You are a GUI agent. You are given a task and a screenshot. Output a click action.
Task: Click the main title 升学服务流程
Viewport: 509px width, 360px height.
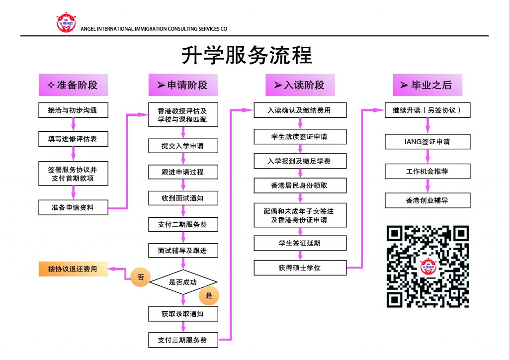[x=246, y=55]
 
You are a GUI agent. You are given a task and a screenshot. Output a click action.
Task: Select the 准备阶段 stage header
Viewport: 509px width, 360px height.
[x=73, y=85]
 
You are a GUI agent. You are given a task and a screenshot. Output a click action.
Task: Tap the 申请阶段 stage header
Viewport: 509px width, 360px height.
[x=183, y=85]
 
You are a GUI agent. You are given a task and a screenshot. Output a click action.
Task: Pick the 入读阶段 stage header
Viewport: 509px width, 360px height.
[x=300, y=85]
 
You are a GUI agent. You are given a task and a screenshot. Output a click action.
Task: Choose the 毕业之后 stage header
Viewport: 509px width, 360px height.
[x=427, y=85]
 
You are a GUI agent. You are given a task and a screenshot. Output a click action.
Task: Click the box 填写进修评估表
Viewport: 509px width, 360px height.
[x=73, y=139]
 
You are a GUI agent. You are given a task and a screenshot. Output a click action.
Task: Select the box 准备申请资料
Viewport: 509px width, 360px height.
[x=73, y=207]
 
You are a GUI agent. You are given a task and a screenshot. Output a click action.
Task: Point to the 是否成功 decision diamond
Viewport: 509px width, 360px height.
[x=183, y=282]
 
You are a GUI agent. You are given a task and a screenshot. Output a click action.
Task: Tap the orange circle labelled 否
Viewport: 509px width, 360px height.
[x=140, y=277]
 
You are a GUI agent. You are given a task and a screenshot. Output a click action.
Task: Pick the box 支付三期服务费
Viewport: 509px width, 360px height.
[x=183, y=340]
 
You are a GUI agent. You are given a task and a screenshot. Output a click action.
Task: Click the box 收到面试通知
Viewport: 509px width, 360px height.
[x=183, y=198]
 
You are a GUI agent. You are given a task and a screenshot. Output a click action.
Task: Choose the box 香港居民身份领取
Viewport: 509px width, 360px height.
[x=300, y=185]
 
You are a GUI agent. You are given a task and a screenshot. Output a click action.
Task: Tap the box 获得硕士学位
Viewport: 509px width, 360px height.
[x=300, y=268]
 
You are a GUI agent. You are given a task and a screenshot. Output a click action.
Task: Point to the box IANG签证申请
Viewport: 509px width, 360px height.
[x=427, y=142]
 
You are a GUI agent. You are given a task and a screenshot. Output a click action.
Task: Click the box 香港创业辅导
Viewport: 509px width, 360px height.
[x=427, y=200]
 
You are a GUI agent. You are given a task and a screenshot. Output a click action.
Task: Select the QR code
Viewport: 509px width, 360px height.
[x=427, y=267]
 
